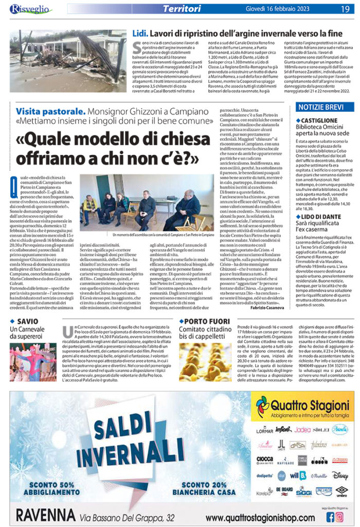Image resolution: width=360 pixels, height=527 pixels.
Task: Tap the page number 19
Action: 344,9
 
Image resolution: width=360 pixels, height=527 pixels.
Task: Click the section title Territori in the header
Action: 181,9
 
